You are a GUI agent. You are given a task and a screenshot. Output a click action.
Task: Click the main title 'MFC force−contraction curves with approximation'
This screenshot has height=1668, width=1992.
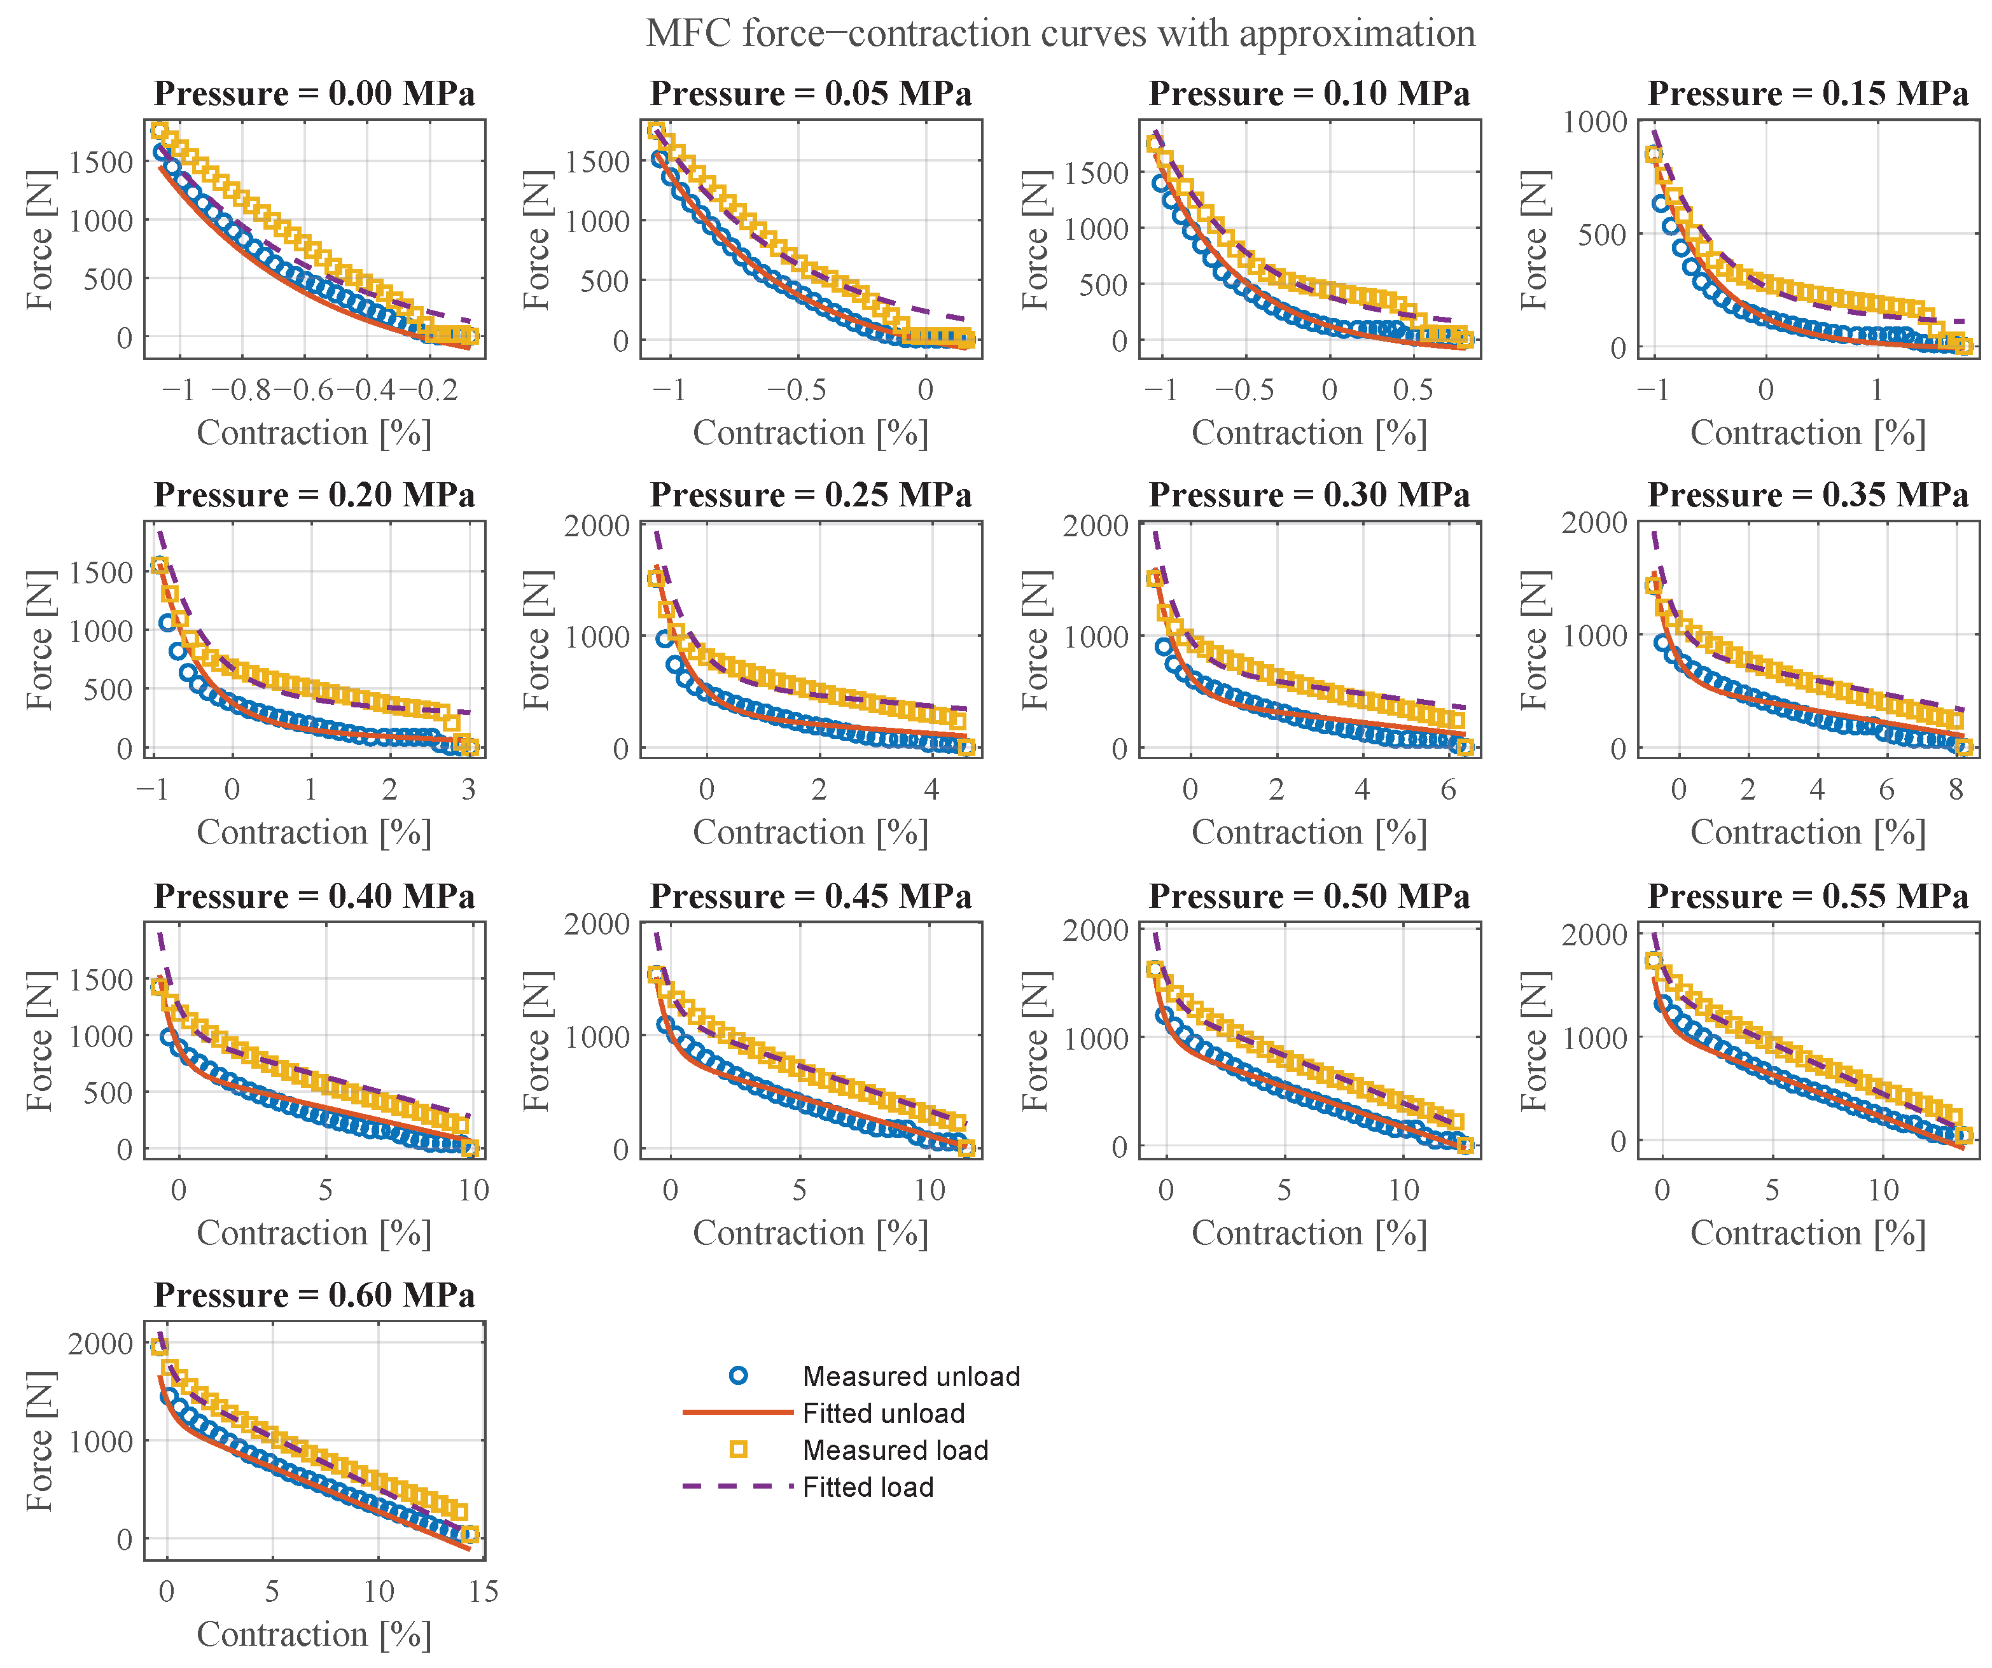pos(1061,34)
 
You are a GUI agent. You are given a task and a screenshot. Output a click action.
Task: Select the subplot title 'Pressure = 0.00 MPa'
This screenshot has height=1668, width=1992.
pos(315,94)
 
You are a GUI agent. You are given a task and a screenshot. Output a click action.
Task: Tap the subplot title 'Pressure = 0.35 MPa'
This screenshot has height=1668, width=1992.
pos(1808,495)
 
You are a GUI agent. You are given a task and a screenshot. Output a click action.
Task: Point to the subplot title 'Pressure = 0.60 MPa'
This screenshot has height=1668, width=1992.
pos(315,1295)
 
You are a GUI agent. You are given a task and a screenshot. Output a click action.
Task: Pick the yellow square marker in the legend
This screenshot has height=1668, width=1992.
pos(738,1449)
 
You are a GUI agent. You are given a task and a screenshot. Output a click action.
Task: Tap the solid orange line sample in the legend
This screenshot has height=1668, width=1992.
pos(738,1413)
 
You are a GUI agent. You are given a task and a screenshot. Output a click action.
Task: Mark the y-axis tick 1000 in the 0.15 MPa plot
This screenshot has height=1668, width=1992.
pos(1594,122)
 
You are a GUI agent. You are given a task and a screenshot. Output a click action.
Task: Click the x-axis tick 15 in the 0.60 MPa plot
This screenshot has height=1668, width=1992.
pos(484,1592)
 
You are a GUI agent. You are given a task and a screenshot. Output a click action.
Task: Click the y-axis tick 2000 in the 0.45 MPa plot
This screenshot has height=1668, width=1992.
pos(597,924)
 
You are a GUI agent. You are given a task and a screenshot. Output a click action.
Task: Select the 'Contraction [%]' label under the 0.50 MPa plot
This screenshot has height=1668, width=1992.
pos(1309,1233)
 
